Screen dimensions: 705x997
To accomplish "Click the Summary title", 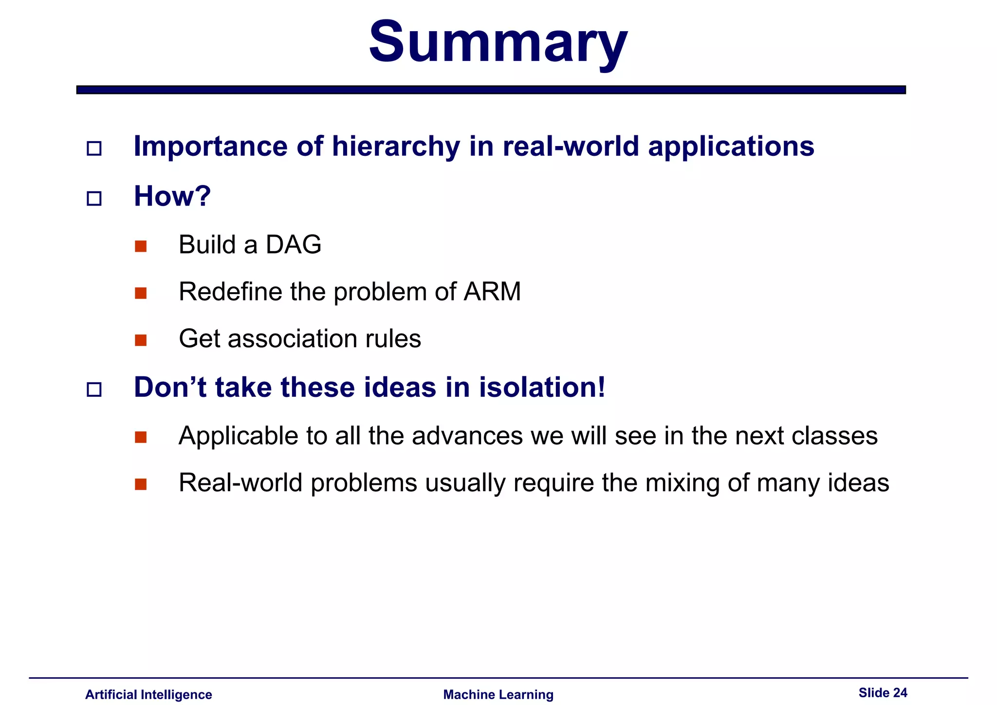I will pos(498,43).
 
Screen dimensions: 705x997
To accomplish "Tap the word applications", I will pos(731,147).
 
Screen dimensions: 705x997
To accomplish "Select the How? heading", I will pos(172,196).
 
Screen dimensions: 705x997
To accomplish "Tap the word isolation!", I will pos(542,388).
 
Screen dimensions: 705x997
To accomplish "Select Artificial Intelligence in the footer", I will pos(148,694).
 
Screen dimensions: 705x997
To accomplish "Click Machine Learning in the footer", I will pos(498,694).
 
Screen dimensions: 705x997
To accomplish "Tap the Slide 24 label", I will pos(883,692).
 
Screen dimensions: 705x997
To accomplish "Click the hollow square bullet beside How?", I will pos(94,198).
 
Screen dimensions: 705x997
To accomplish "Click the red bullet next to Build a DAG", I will pos(141,246).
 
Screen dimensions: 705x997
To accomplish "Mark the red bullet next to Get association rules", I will pos(141,340).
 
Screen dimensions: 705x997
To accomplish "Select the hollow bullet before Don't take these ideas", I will pos(94,390).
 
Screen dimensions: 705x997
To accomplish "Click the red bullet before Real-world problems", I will pos(141,484).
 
